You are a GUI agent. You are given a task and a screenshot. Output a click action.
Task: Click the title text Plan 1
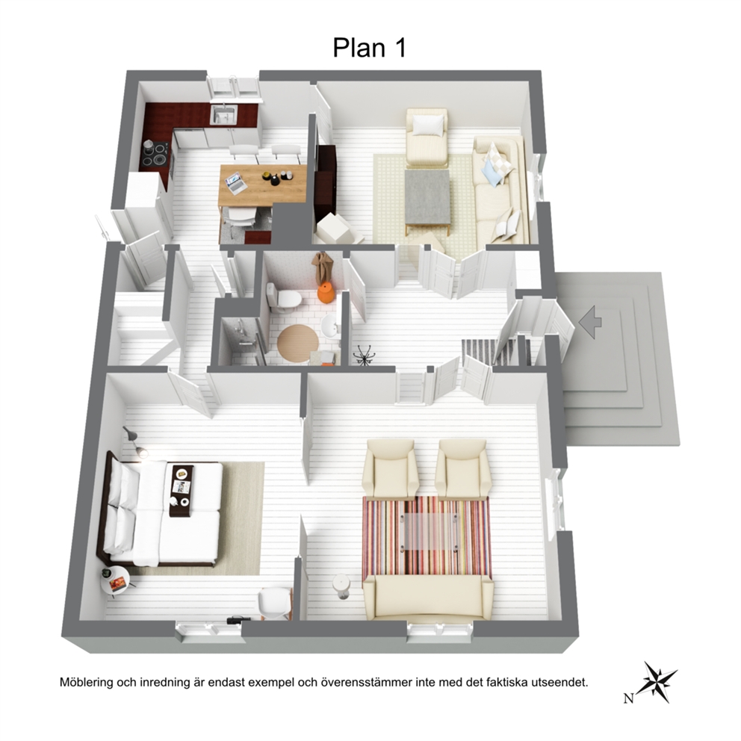(369, 48)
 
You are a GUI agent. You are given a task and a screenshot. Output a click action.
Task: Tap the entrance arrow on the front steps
(590, 322)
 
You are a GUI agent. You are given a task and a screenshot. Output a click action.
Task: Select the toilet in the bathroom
(283, 297)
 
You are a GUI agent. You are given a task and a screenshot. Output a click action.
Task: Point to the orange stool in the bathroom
(326, 293)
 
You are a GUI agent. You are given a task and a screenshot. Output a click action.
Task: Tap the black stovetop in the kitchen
(155, 155)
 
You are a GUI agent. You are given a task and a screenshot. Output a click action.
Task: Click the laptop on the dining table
(236, 183)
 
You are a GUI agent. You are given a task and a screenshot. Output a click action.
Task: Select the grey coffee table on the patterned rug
(427, 198)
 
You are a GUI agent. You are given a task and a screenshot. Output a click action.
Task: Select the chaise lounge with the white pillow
(427, 137)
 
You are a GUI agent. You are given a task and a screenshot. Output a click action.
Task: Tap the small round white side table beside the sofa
(341, 586)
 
